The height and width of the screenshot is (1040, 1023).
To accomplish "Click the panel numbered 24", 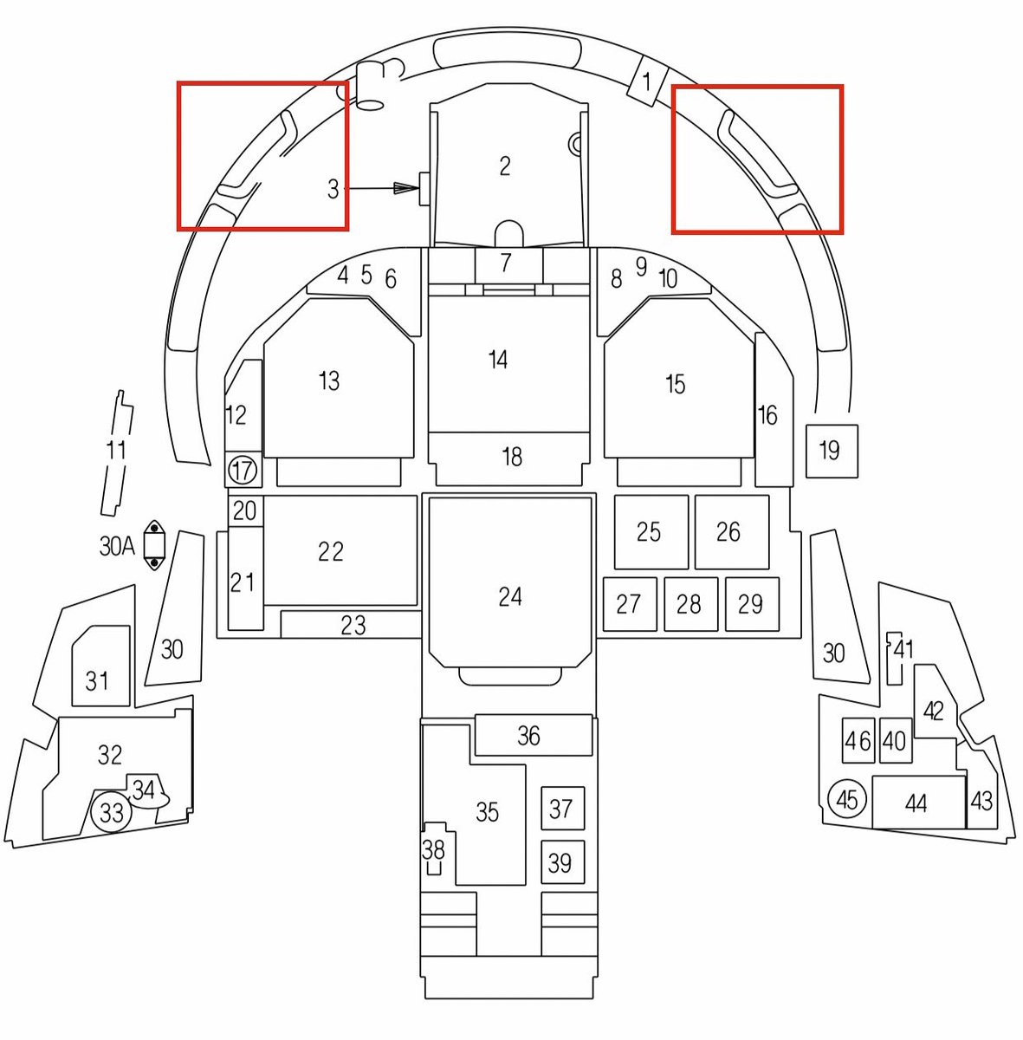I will [x=510, y=581].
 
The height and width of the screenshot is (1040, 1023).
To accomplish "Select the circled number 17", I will [x=243, y=471].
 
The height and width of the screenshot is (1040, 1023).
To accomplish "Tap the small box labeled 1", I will [x=646, y=81].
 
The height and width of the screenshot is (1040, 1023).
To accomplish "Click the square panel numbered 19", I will [x=832, y=451].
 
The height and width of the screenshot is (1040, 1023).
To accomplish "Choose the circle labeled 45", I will [x=846, y=799].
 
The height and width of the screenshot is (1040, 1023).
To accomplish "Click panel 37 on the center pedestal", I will [x=562, y=809].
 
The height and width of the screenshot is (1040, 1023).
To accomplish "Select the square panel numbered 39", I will [x=562, y=862].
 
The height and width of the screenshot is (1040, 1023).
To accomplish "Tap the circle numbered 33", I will [x=112, y=813].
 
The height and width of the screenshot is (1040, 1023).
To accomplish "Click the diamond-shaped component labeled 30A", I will [x=154, y=546].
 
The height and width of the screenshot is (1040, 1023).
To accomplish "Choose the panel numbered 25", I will [x=650, y=532].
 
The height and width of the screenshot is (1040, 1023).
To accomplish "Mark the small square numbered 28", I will [x=690, y=603].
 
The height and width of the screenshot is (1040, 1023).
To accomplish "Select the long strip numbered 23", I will [x=351, y=625].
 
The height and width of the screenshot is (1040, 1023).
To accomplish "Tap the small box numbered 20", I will [x=245, y=510].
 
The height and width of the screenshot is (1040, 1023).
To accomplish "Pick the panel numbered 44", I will [x=917, y=803].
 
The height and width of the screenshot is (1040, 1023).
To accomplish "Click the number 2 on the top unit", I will [x=505, y=166].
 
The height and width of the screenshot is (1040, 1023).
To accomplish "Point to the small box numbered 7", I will [x=508, y=263].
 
